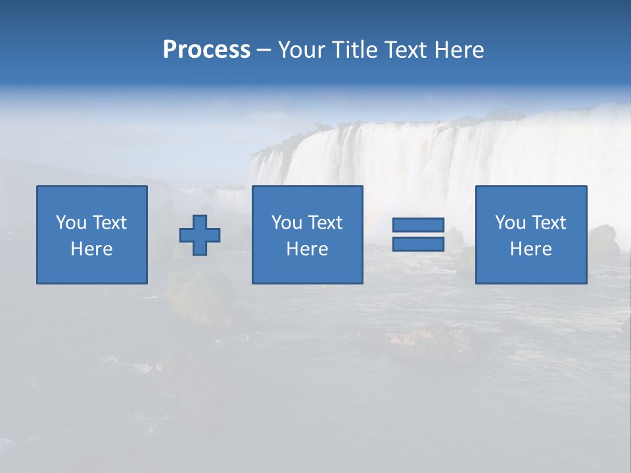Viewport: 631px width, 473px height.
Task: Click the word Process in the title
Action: [206, 50]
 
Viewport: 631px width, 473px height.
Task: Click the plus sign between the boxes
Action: [200, 235]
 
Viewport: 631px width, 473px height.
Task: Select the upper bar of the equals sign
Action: [418, 225]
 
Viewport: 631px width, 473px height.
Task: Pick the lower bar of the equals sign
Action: [418, 244]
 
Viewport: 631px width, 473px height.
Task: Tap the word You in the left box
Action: [71, 223]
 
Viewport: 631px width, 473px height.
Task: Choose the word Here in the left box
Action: [91, 249]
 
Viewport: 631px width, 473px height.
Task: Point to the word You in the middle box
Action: [287, 223]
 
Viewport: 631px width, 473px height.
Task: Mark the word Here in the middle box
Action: [307, 249]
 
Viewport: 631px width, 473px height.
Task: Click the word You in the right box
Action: [510, 223]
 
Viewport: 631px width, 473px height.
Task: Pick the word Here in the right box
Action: [530, 249]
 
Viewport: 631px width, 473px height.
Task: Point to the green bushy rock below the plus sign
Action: [200, 295]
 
